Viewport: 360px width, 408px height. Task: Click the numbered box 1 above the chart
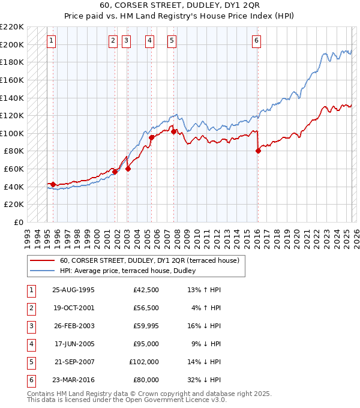[x=52, y=41]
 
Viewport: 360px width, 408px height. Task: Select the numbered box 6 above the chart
[x=256, y=41]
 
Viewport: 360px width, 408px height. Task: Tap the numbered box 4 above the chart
[x=149, y=41]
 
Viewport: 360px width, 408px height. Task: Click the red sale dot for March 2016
[x=258, y=151]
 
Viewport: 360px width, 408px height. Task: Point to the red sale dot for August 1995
[x=53, y=184]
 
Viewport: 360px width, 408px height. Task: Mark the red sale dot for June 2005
[x=151, y=137]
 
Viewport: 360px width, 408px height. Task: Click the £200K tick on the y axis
[x=13, y=44]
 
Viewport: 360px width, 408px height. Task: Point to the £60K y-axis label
[x=15, y=169]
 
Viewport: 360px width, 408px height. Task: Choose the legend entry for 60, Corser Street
[x=149, y=260]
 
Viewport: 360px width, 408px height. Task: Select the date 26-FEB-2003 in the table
[x=74, y=326]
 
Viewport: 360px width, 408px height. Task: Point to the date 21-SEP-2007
[x=74, y=362]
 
